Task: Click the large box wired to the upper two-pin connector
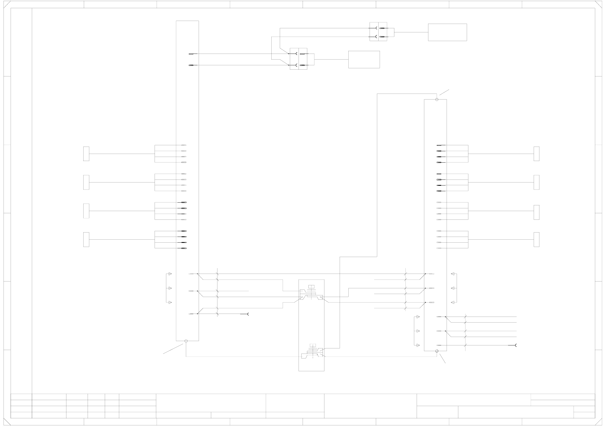[x=447, y=32]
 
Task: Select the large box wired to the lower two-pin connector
[x=364, y=60]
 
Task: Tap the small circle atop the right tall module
[x=437, y=100]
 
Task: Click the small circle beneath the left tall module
[x=186, y=341]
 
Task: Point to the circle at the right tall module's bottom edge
[x=437, y=351]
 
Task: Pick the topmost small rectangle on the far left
[x=86, y=154]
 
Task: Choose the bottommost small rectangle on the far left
[x=86, y=240]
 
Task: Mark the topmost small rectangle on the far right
[x=536, y=154]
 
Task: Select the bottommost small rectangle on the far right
[x=536, y=240]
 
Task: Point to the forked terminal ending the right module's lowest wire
[x=515, y=345]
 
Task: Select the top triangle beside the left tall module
[x=170, y=274]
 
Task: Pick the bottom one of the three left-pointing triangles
[x=453, y=302]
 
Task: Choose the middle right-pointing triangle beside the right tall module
[x=418, y=331]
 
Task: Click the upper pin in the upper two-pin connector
[x=382, y=28]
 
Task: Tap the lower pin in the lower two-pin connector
[x=303, y=65]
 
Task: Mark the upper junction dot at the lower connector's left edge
[x=288, y=54]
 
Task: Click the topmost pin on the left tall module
[x=191, y=54]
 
